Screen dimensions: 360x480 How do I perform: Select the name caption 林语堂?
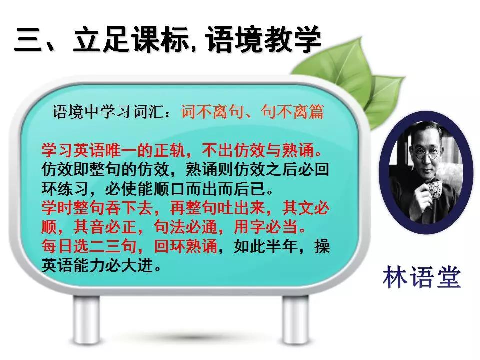coord(421,278)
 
